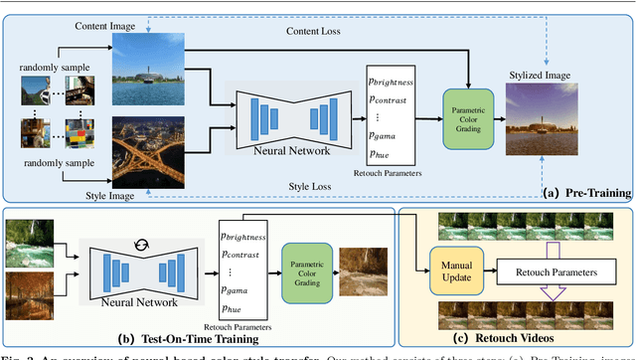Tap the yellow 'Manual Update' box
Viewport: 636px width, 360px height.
click(452, 271)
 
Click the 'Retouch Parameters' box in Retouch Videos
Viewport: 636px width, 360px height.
click(551, 270)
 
